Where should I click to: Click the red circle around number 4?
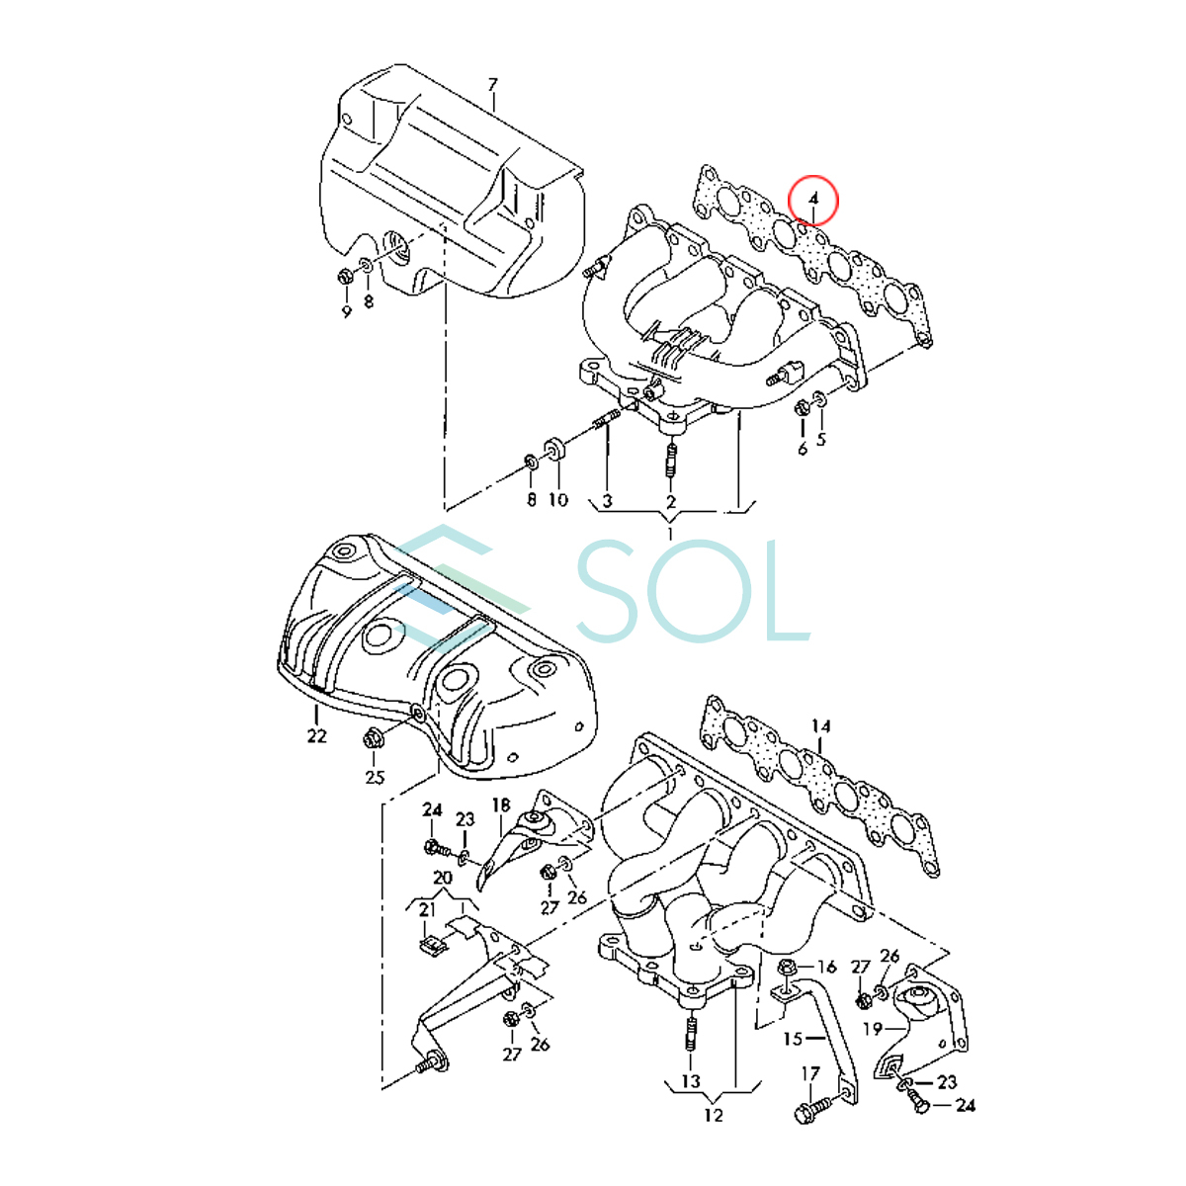click(x=812, y=177)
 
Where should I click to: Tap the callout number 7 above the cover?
click(x=492, y=84)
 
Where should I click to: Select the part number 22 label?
click(x=317, y=735)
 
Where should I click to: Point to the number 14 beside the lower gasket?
click(x=821, y=726)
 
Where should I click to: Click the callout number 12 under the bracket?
click(x=713, y=1132)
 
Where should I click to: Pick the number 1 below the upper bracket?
click(x=670, y=533)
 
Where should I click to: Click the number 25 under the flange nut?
click(x=375, y=778)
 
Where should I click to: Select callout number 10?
click(x=557, y=499)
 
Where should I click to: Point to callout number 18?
click(x=501, y=805)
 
